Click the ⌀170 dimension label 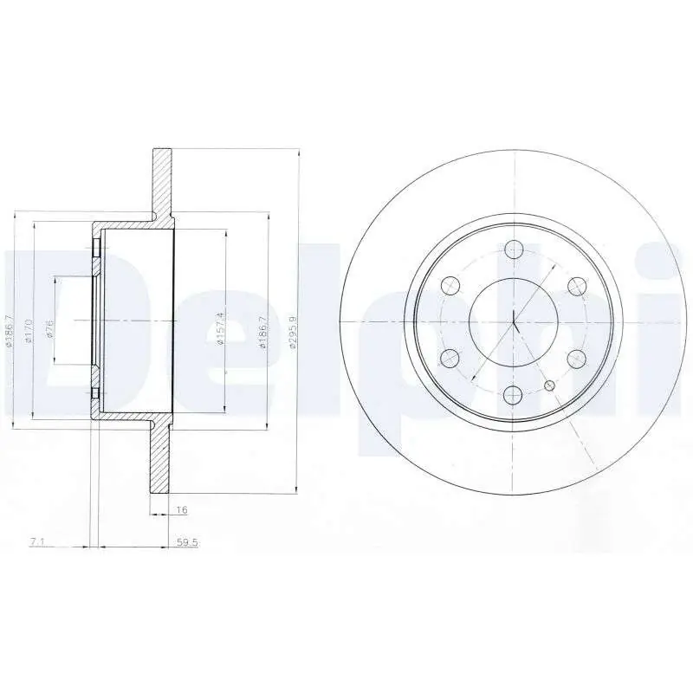point(29,330)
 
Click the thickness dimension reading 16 point(181,511)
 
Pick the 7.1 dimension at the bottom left point(37,542)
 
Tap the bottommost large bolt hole point(513,395)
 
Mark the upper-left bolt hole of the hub point(450,285)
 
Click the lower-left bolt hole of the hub point(450,358)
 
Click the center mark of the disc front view point(514,321)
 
